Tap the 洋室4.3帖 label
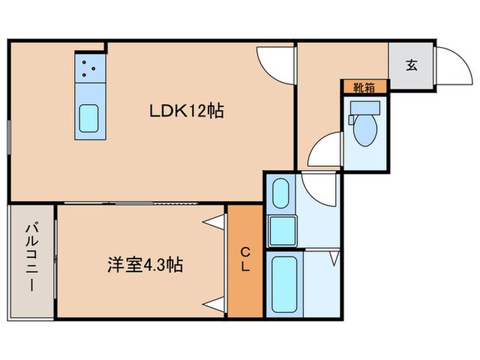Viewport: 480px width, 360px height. tap(145, 265)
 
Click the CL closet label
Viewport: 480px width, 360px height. tap(245, 260)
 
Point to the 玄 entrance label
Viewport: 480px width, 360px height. tap(411, 65)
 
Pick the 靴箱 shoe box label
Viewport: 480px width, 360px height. tap(365, 87)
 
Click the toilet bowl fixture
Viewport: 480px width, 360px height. tap(366, 125)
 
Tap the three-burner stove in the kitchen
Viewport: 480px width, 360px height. tap(87, 68)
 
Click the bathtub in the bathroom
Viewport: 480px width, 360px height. tap(283, 285)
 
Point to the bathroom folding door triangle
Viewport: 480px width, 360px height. tap(334, 258)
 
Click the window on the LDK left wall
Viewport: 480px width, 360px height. tap(9, 141)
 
